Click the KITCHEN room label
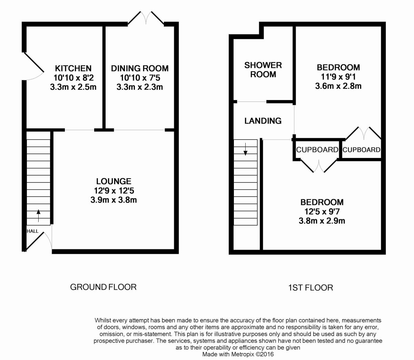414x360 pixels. tap(73, 68)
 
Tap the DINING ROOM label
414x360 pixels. tap(140, 68)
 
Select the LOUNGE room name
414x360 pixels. tap(114, 181)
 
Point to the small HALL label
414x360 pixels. tap(32, 231)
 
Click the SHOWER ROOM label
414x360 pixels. tap(263, 70)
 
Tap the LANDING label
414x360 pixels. tap(263, 121)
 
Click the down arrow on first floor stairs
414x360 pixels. tap(245, 149)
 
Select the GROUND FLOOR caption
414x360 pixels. tap(103, 287)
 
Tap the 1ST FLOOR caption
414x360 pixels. tap(310, 288)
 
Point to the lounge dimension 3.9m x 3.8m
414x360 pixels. tap(114, 200)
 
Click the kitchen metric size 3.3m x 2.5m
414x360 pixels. tap(73, 87)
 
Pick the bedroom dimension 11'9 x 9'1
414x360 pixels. tap(338, 77)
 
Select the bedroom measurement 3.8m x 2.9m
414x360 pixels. tap(322, 220)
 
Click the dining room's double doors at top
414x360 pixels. tap(146, 18)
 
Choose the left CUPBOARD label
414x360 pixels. tap(317, 150)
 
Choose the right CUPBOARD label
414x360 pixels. tap(362, 150)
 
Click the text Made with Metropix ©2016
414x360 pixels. tap(238, 354)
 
